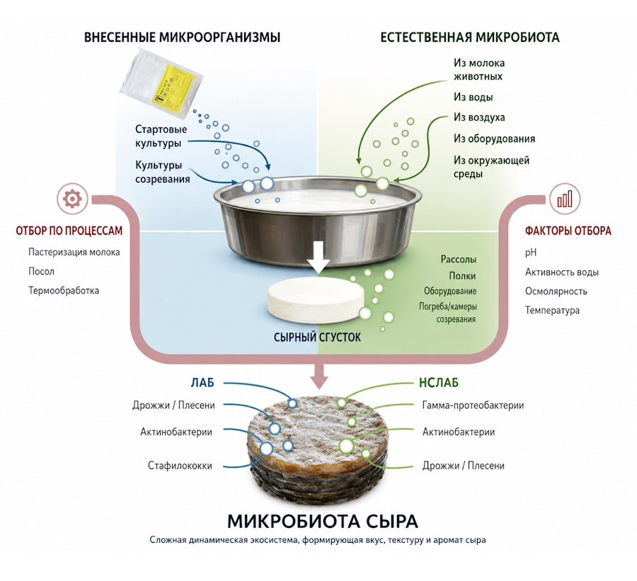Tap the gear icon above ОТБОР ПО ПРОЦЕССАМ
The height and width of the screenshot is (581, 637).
[72, 199]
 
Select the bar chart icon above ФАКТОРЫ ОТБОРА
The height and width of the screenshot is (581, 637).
[565, 199]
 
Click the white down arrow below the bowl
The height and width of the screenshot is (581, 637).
[319, 257]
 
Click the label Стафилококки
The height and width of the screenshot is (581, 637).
[180, 466]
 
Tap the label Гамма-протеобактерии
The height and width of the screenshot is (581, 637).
[473, 405]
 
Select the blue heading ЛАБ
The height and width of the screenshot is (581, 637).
[202, 383]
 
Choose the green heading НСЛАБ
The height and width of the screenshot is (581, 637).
[439, 383]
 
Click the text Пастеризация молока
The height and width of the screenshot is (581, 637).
[74, 253]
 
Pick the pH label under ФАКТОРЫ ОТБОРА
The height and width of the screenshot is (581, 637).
[531, 253]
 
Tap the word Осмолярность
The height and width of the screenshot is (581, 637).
[556, 292]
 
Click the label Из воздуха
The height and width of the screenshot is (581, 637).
[479, 117]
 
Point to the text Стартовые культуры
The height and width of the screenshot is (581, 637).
[161, 136]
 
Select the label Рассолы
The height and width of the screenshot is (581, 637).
[458, 259]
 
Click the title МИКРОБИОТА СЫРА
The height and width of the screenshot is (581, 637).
[323, 521]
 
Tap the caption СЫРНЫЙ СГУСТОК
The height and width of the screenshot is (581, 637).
[317, 338]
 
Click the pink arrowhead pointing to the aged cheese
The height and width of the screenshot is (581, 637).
[319, 381]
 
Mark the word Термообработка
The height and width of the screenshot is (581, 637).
[64, 290]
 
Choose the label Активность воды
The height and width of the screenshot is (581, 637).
[562, 272]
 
